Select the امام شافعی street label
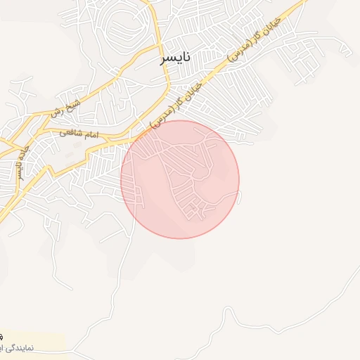click(79, 133)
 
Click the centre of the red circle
click(180, 179)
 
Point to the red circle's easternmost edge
click(239, 179)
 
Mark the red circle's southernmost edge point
click(180, 238)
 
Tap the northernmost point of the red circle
click(180, 120)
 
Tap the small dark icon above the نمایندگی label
click(2, 336)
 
